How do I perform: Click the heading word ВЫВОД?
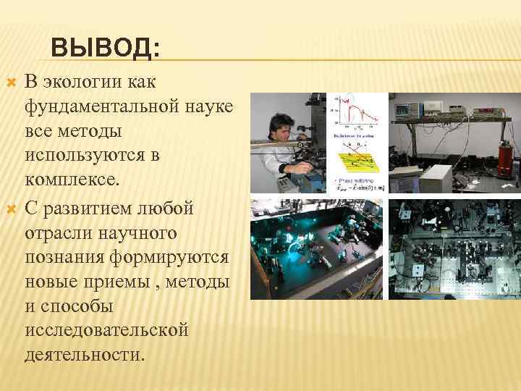(x=106, y=50)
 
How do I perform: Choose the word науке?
(x=208, y=106)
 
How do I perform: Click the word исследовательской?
(x=106, y=330)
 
